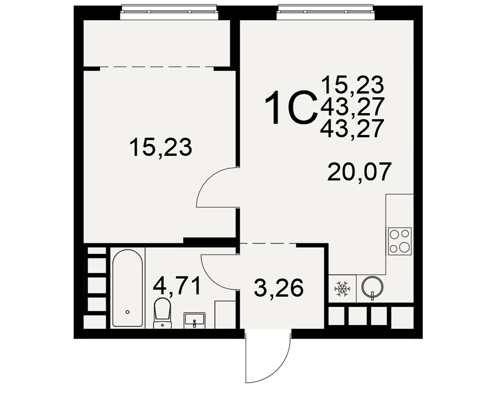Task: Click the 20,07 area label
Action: (x=359, y=172)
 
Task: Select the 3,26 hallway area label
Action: (x=279, y=288)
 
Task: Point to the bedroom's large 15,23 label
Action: (x=161, y=147)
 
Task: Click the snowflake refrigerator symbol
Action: (x=342, y=289)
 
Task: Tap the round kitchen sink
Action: (x=372, y=287)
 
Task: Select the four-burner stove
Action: (x=400, y=241)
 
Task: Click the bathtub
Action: (x=128, y=288)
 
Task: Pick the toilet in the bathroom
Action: (x=163, y=313)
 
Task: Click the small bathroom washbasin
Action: (x=194, y=320)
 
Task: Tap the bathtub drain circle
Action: (x=128, y=312)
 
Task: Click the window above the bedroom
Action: (x=169, y=9)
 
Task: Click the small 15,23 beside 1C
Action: (x=352, y=84)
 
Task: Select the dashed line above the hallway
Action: (x=268, y=244)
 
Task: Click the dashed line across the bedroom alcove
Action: (x=157, y=67)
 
